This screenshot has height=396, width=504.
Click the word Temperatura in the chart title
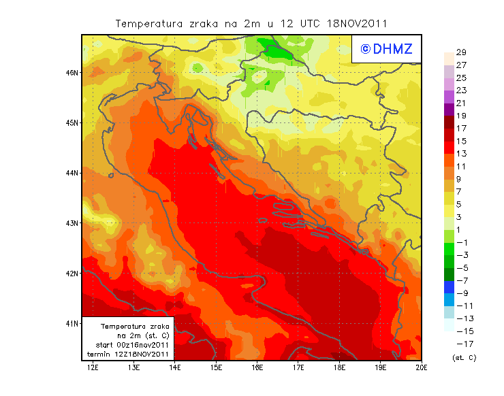pyautogui.click(x=146, y=23)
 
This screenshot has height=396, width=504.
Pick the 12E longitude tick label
pyautogui.click(x=93, y=368)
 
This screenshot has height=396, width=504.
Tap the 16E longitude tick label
pyautogui.click(x=257, y=368)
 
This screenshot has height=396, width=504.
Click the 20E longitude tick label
pyautogui.click(x=422, y=368)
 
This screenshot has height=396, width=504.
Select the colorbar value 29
pyautogui.click(x=461, y=52)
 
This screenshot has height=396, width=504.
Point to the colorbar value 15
pyautogui.click(x=461, y=141)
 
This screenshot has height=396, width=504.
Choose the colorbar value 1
pyautogui.click(x=461, y=229)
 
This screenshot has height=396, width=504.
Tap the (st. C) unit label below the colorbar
pyautogui.click(x=464, y=357)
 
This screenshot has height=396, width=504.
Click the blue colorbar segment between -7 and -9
pyautogui.click(x=448, y=286)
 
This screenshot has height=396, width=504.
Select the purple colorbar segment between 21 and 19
pyautogui.click(x=448, y=110)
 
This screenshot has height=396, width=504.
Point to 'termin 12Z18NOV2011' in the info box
pyautogui.click(x=129, y=354)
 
